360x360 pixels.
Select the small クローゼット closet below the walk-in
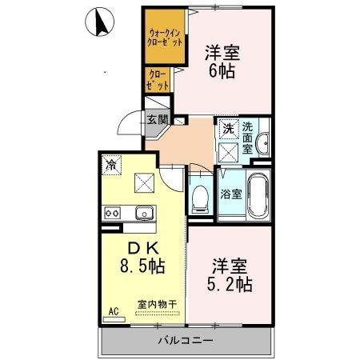tap(155, 78)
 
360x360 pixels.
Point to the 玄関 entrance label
tap(157, 120)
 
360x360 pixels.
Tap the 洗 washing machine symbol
tap(229, 128)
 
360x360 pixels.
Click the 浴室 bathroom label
tap(230, 192)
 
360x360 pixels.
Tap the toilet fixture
tap(200, 197)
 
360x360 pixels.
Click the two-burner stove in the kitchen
tap(112, 213)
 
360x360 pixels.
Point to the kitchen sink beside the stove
tap(144, 213)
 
